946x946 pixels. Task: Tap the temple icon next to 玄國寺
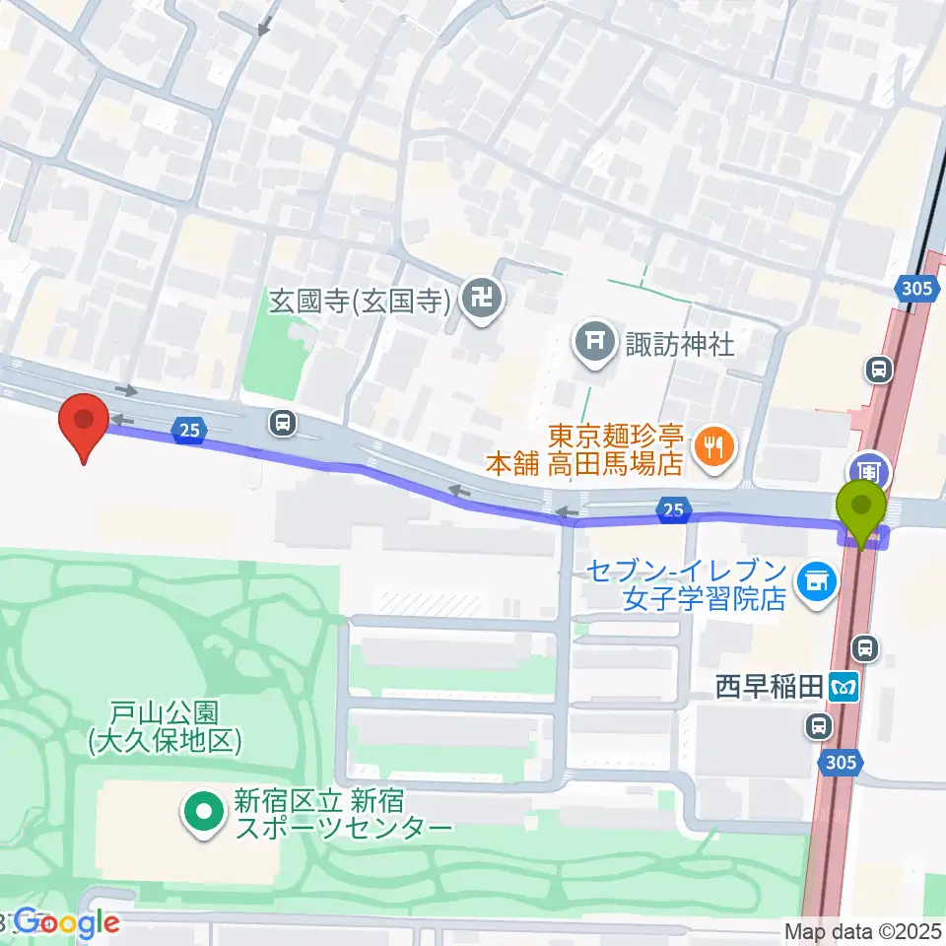pos(482,296)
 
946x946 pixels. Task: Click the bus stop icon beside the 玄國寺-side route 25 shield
pos(283,424)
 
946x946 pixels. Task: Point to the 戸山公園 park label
pos(164,727)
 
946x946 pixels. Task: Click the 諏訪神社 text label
pos(680,344)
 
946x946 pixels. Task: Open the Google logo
pos(65,922)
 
